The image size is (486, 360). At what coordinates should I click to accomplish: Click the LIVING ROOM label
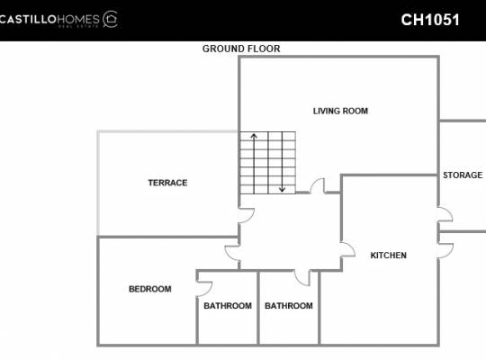coord(340,111)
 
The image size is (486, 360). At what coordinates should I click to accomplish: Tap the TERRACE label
coord(167,183)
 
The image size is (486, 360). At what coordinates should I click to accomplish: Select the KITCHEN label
coord(389,256)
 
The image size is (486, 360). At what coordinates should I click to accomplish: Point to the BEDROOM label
coord(150,289)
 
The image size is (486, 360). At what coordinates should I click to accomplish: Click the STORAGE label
coord(463,175)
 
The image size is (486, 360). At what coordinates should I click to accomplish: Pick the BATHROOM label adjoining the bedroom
coord(228,306)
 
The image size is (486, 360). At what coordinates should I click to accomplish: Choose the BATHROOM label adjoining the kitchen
coord(289,306)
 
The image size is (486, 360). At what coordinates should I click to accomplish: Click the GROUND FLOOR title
coord(241,49)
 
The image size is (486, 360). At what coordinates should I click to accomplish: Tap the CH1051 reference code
coord(430,20)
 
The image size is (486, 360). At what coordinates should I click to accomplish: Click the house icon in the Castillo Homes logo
coord(111,19)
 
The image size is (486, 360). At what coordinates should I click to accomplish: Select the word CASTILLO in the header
coord(28,20)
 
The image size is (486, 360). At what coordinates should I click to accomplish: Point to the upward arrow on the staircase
coord(254,164)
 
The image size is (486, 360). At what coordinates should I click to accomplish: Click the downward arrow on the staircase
coord(282,162)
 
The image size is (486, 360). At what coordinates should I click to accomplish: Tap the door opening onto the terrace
coord(247,215)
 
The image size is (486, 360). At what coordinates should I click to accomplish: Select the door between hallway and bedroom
coord(232,253)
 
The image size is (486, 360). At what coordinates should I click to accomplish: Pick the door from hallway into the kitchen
coord(348,250)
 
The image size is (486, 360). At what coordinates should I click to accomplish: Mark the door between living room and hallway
coord(318,185)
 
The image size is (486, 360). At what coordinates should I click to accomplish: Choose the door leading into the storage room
coord(445,214)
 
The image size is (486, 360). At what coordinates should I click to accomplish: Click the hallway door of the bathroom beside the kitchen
coord(301,278)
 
